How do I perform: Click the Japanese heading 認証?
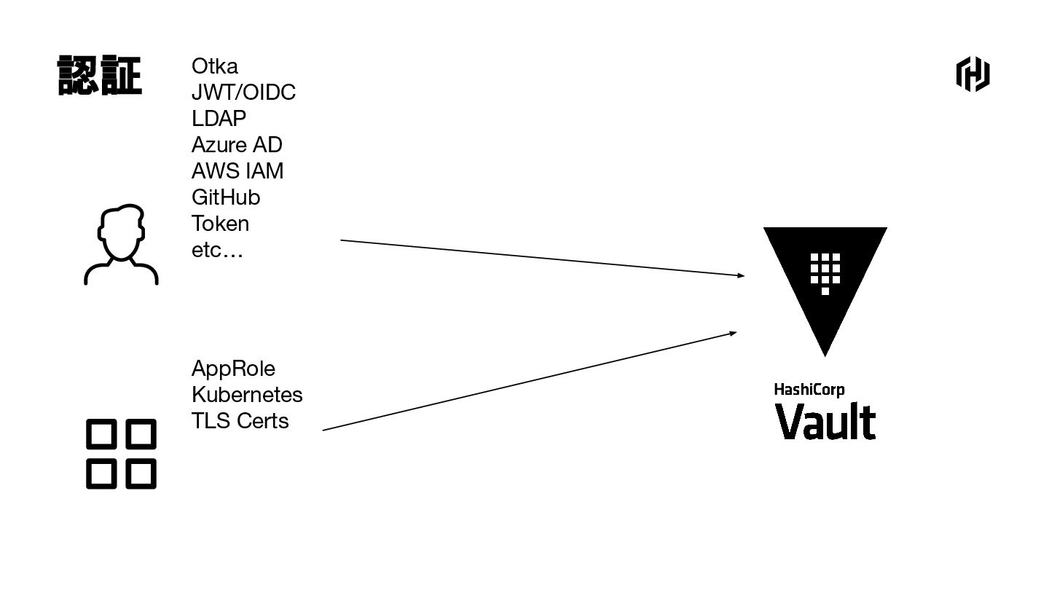pyautogui.click(x=100, y=76)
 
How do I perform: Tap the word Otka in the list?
pyautogui.click(x=215, y=66)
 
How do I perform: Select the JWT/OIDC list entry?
pyautogui.click(x=243, y=93)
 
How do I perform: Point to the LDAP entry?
pyautogui.click(x=219, y=119)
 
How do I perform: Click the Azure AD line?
pyautogui.click(x=237, y=145)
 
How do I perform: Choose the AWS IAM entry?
pyautogui.click(x=237, y=171)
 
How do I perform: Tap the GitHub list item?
pyautogui.click(x=226, y=197)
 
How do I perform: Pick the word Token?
pyautogui.click(x=220, y=224)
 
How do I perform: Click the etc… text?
pyautogui.click(x=217, y=251)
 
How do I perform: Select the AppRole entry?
pyautogui.click(x=233, y=369)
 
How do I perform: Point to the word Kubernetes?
pyautogui.click(x=247, y=395)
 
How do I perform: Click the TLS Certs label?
pyautogui.click(x=240, y=421)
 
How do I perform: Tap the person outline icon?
pyautogui.click(x=121, y=244)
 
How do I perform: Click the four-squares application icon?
pyautogui.click(x=121, y=453)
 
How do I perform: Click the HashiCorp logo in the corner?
pyautogui.click(x=973, y=75)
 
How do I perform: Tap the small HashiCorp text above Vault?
pyautogui.click(x=809, y=390)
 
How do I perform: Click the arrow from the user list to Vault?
pyautogui.click(x=542, y=258)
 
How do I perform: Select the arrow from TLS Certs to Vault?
pyautogui.click(x=530, y=381)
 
